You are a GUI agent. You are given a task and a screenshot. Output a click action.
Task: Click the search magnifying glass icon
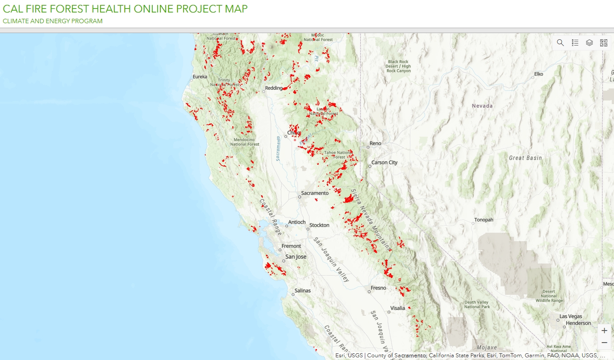coord(560,43)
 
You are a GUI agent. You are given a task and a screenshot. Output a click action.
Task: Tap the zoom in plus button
coord(604,331)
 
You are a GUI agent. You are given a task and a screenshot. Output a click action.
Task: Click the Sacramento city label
coord(315,193)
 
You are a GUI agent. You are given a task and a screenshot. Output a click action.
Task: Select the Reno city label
coord(376,143)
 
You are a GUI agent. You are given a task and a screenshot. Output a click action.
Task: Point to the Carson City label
coord(384,163)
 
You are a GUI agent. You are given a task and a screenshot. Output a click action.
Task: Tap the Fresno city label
coord(378,288)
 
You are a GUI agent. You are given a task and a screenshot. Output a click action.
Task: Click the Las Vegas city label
coord(571,317)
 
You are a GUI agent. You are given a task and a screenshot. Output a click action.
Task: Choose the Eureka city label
coord(200,77)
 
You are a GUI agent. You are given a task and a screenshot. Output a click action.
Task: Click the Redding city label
coord(274,88)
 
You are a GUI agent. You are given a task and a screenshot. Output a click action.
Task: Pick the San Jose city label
coord(296,257)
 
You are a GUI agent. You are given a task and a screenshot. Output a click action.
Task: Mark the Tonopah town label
coord(484,220)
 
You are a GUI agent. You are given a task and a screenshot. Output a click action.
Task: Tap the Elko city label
coord(539,74)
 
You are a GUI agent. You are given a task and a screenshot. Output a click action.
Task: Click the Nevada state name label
coord(482,106)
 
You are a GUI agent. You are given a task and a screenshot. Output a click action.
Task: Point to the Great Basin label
coord(525,158)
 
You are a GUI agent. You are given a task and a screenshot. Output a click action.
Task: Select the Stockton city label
coord(319,225)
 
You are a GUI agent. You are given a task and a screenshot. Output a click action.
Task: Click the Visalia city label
coord(398,308)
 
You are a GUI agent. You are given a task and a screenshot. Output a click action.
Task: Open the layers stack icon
coord(589,43)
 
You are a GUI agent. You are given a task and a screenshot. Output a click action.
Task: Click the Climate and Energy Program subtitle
coord(53,21)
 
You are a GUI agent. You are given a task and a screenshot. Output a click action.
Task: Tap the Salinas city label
coord(302,291)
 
